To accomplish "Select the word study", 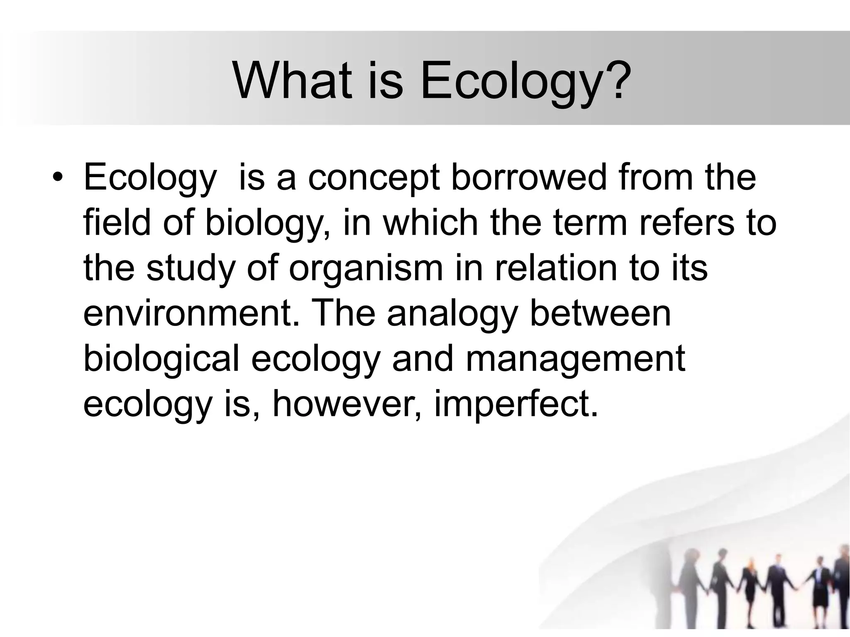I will tap(191, 269).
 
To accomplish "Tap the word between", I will tap(601, 314).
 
